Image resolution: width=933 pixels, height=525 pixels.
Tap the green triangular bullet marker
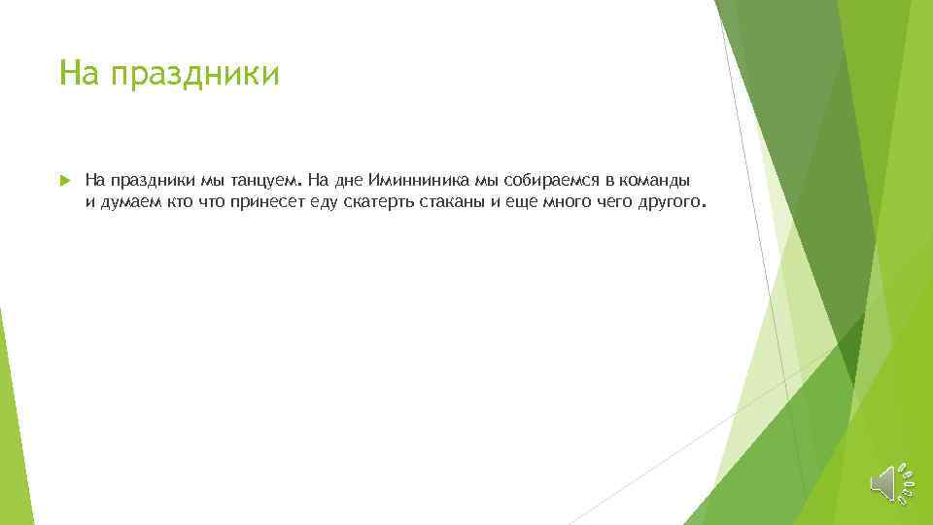[x=63, y=181]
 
